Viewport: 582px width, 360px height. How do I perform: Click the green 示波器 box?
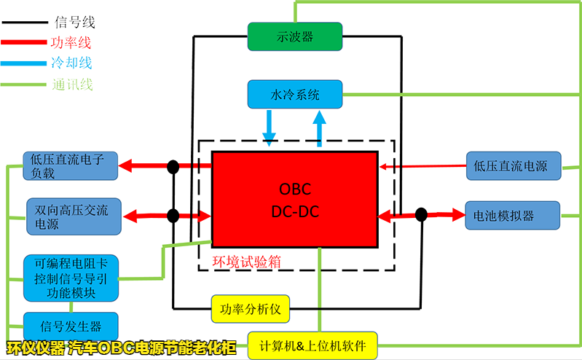click(x=294, y=36)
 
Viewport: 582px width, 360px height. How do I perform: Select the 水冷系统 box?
click(x=294, y=95)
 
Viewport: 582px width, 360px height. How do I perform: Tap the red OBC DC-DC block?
click(x=294, y=200)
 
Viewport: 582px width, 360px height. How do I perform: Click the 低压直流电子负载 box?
click(x=70, y=166)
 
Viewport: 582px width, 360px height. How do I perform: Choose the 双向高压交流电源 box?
click(x=71, y=216)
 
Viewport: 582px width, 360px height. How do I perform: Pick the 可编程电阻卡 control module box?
click(x=70, y=278)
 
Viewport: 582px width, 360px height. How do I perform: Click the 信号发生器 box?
click(x=70, y=326)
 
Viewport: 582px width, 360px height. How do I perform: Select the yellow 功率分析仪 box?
click(x=251, y=309)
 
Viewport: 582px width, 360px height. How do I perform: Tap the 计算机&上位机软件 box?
click(x=312, y=345)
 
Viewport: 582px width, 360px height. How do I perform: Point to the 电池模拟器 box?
click(x=512, y=216)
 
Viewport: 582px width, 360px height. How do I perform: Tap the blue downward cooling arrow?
click(x=270, y=128)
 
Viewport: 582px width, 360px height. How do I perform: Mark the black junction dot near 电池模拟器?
click(x=421, y=214)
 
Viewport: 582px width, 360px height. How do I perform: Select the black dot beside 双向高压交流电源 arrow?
click(x=173, y=216)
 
